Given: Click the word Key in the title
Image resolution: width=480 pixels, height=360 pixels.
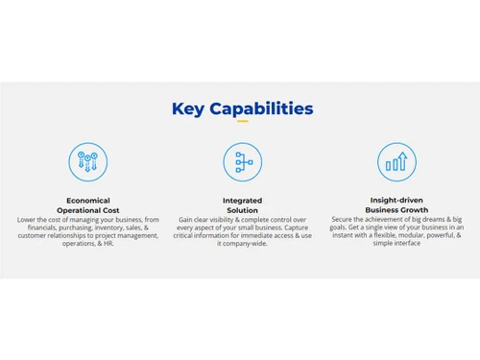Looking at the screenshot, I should [188, 108].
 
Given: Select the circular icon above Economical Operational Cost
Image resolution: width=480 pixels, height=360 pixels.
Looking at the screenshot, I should [87, 162].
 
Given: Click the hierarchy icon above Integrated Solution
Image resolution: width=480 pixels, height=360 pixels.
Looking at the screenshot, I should [242, 162].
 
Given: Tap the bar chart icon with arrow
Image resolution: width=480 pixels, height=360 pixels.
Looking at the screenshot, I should [396, 162].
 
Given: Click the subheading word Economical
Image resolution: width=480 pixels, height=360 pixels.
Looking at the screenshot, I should [87, 201].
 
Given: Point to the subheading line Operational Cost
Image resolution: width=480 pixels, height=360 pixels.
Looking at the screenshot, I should [87, 210].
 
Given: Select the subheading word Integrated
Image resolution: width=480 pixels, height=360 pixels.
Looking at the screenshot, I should [242, 201].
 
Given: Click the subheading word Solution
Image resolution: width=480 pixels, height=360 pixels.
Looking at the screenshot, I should [242, 210].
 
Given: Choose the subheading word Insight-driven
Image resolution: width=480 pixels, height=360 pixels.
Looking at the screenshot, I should [396, 201].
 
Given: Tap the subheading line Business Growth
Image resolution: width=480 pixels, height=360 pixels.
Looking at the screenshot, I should [396, 210].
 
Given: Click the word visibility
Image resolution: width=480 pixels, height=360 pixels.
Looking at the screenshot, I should [225, 219].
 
